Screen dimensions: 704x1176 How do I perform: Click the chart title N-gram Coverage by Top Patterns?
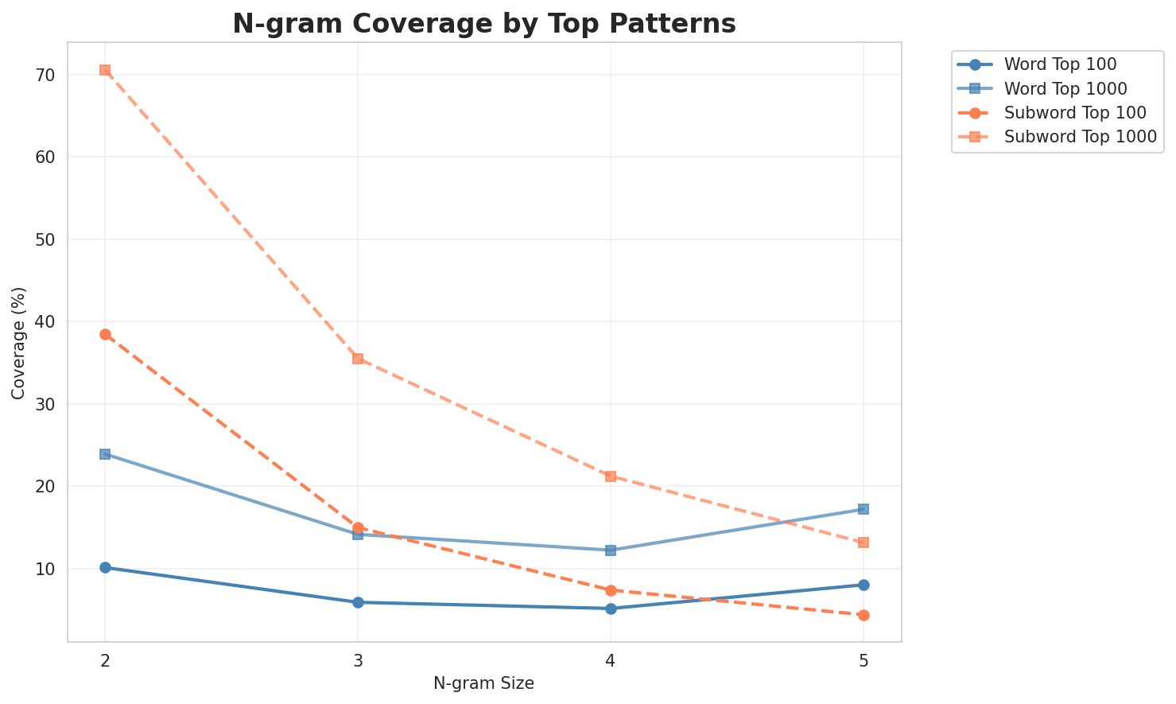point(483,24)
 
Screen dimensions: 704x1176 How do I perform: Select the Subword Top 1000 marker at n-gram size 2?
point(105,70)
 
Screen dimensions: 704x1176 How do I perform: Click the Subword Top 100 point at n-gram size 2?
point(105,334)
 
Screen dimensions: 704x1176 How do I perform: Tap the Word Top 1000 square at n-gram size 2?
point(105,454)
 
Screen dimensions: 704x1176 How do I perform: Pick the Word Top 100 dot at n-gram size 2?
point(105,567)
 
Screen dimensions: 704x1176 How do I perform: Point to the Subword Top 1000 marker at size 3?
point(358,359)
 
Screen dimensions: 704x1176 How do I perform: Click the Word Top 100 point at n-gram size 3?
point(358,602)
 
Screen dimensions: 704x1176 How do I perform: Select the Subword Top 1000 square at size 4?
point(611,476)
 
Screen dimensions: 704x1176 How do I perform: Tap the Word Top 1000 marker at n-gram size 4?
point(611,550)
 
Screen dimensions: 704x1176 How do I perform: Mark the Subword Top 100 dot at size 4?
point(611,590)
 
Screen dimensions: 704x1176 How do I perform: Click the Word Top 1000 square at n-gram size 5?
point(864,509)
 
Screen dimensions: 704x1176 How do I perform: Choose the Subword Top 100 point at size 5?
point(864,615)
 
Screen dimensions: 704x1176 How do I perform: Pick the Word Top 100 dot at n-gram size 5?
point(864,585)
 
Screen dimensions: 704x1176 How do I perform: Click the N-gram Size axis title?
point(483,683)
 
